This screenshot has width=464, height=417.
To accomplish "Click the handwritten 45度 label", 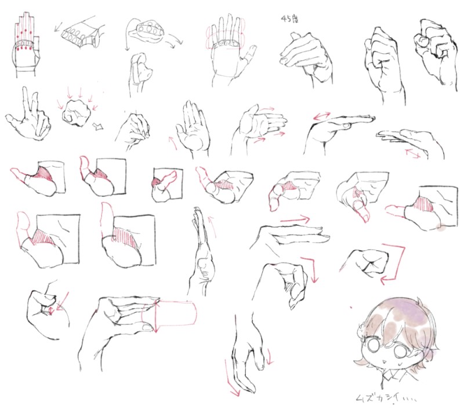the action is pyautogui.click(x=289, y=19).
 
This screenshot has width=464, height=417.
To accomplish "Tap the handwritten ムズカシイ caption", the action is pyautogui.click(x=386, y=398).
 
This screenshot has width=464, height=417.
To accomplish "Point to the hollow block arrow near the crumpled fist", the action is pyautogui.click(x=98, y=126).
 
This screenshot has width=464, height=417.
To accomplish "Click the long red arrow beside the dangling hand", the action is pyautogui.click(x=231, y=377).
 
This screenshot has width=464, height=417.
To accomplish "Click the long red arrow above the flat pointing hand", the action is pyautogui.click(x=295, y=220).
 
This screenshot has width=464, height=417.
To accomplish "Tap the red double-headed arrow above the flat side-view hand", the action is pyautogui.click(x=322, y=116).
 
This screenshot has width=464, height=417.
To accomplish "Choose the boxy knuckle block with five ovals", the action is pyautogui.click(x=80, y=34).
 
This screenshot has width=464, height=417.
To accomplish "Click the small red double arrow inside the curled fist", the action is pyautogui.click(x=51, y=310).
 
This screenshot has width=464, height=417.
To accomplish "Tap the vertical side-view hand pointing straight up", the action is pyautogui.click(x=202, y=251).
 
